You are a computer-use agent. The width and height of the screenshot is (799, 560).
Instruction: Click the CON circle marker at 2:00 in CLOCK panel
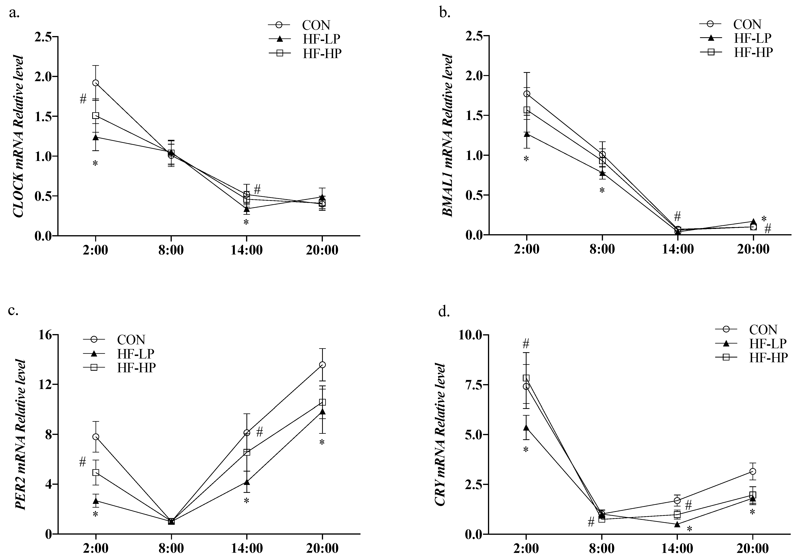coord(95,83)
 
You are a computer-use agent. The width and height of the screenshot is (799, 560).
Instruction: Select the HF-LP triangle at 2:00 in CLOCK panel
coord(95,137)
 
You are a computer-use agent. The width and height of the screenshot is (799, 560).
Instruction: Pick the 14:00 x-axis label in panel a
coord(246,250)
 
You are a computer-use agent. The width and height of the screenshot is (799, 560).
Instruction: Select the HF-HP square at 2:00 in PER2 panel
coord(95,472)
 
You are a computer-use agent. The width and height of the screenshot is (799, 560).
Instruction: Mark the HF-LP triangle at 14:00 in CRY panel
coord(677,524)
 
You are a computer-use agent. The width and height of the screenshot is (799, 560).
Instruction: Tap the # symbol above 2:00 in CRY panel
coord(526,344)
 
